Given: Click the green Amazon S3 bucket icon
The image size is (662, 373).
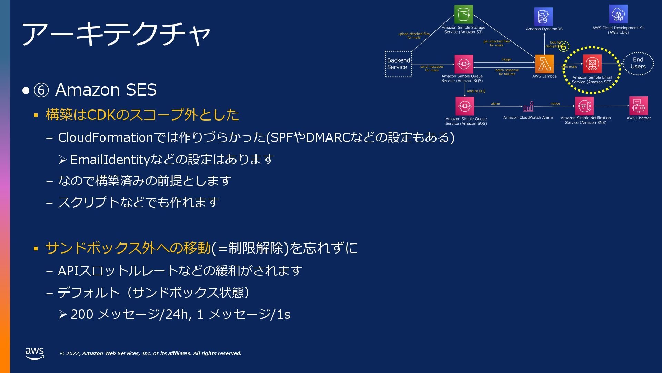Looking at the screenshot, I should click(x=463, y=14).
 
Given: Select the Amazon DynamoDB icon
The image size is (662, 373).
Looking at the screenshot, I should click(x=543, y=17).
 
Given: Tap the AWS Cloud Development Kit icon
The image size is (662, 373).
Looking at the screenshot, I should click(x=618, y=14).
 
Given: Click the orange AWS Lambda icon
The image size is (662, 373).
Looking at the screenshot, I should click(x=544, y=64).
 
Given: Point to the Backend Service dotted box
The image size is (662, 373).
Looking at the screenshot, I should click(x=398, y=64).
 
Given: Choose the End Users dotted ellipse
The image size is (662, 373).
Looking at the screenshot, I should click(x=638, y=63).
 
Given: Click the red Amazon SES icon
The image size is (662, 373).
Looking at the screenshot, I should click(x=592, y=64).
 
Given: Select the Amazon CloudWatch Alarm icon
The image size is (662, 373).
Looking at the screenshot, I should click(x=528, y=107).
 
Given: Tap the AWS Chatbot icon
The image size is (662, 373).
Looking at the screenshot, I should click(x=638, y=106).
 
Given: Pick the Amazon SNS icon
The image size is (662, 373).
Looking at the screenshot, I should click(x=584, y=106).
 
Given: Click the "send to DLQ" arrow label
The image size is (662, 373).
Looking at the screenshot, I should click(x=476, y=91).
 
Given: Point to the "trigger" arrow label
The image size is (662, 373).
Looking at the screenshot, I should click(x=506, y=59).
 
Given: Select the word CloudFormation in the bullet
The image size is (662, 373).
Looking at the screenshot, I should click(x=105, y=137).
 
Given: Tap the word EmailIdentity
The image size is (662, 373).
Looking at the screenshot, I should click(x=110, y=160).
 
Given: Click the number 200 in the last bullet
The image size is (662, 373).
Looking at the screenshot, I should click(x=82, y=314).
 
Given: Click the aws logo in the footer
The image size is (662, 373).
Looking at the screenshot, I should click(x=34, y=353).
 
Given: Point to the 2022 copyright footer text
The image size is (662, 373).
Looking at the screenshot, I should click(x=150, y=353).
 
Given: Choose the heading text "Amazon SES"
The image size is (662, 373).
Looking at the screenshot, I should click(x=106, y=90).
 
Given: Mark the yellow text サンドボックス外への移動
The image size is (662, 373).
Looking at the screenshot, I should click(x=128, y=248).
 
